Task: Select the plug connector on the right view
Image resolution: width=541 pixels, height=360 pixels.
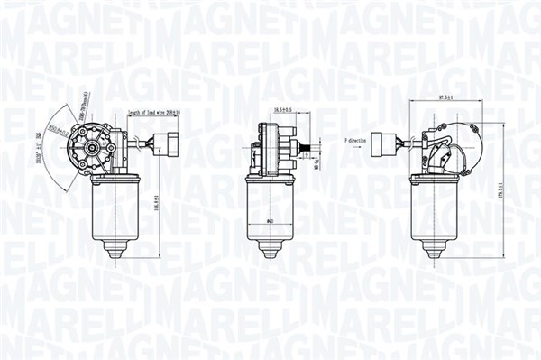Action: (390, 143)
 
